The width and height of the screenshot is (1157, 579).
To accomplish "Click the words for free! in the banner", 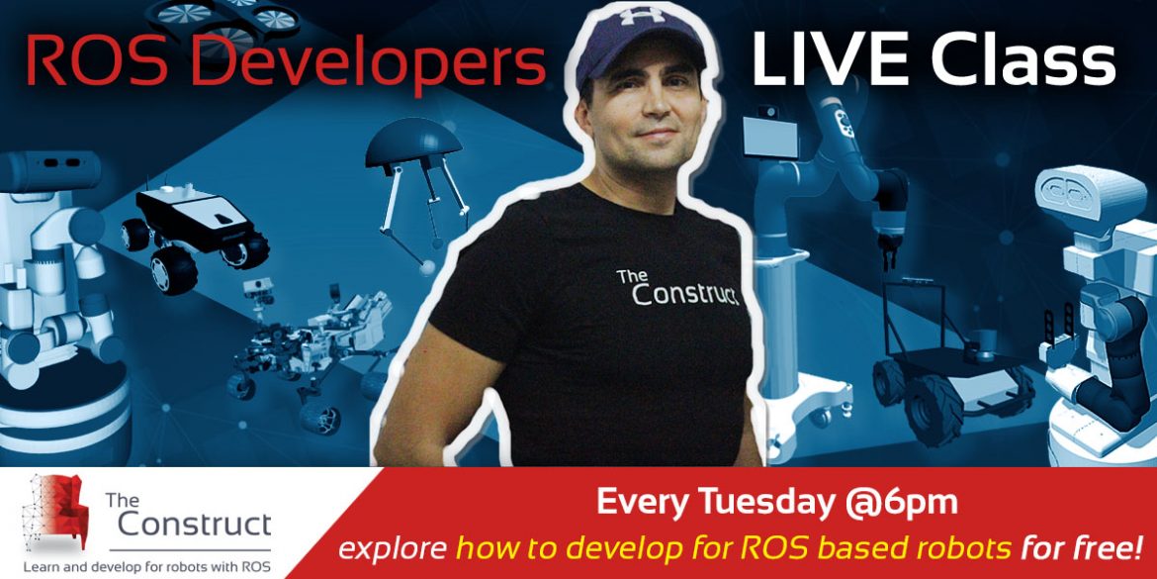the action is click(x=1079, y=547).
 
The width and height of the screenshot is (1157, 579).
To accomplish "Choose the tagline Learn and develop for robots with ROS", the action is click(x=146, y=566).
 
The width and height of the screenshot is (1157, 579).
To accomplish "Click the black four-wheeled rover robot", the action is click(x=196, y=234).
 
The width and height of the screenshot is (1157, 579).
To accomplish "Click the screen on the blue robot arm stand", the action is click(x=770, y=138).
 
